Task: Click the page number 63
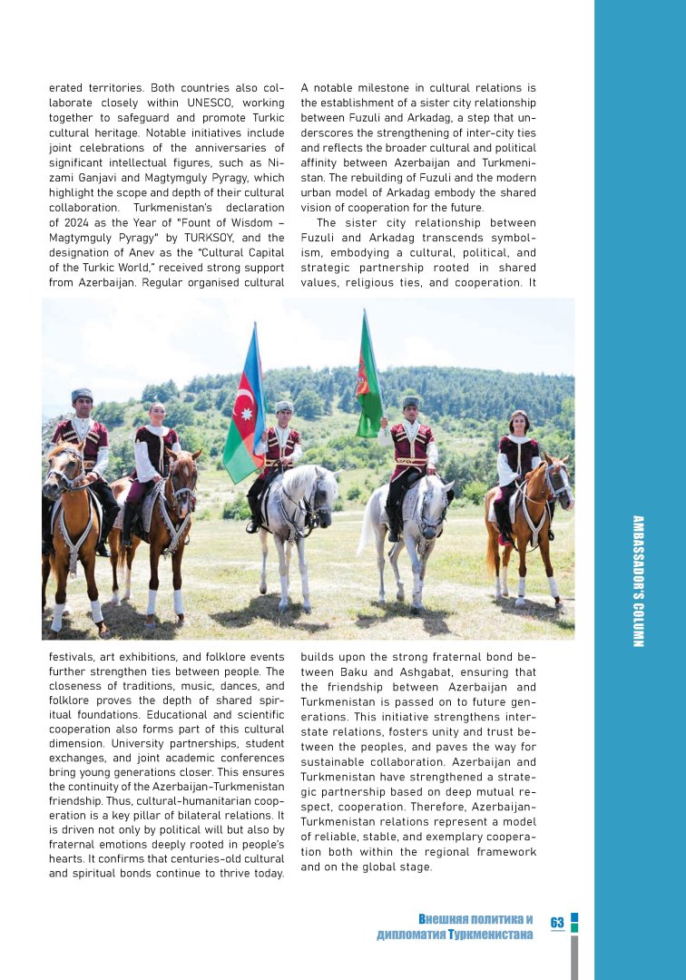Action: (557, 922)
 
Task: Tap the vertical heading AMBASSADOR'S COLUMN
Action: (637, 581)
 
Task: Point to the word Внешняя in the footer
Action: (448, 919)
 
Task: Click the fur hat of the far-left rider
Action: (82, 395)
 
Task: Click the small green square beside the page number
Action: (574, 928)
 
